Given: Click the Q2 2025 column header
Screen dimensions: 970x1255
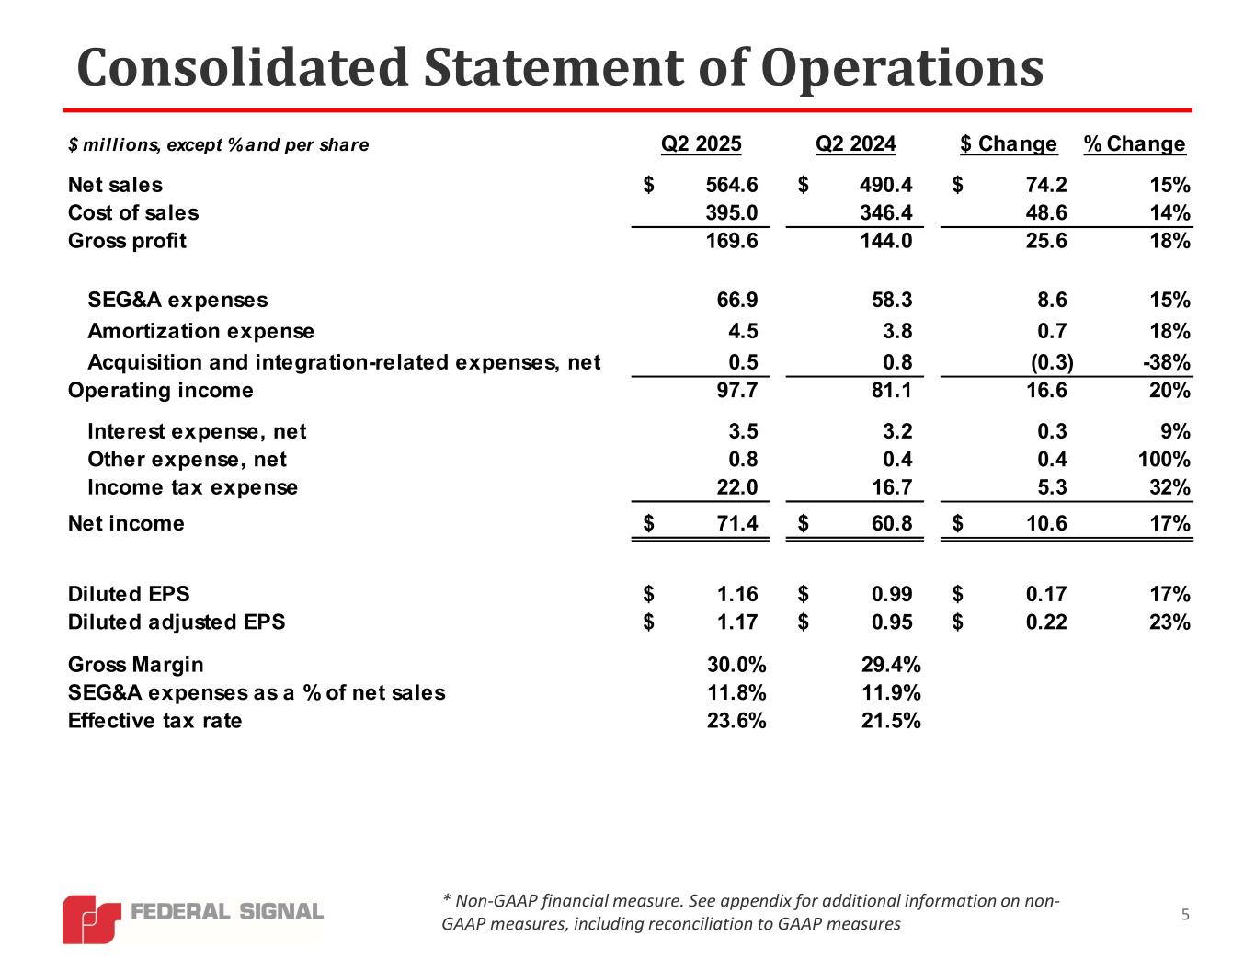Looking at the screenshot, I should (701, 143).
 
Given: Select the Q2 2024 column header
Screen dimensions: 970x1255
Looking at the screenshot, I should (855, 143).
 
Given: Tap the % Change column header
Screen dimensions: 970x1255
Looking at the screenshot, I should (1135, 143).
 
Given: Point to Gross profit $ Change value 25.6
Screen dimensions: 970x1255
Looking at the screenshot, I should (1046, 241).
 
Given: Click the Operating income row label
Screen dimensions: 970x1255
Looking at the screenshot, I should (161, 390).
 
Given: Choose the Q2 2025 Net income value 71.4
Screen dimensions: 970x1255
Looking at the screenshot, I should (737, 523).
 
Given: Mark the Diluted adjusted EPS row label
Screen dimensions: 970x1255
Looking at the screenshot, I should (177, 622).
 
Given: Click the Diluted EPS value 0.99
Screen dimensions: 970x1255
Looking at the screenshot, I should (892, 594).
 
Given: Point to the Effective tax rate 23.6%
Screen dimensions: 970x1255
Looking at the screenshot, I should (736, 720).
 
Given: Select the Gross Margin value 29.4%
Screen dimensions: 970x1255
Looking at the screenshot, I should (891, 664).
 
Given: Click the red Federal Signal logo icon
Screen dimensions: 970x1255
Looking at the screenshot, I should (91, 918).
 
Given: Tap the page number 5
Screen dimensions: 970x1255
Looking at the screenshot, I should (1185, 914).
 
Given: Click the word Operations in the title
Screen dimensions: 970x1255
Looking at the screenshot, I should (902, 68).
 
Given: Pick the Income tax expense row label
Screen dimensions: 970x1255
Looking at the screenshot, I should (192, 486).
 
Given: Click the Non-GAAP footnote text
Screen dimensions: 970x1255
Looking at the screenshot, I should (749, 912).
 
